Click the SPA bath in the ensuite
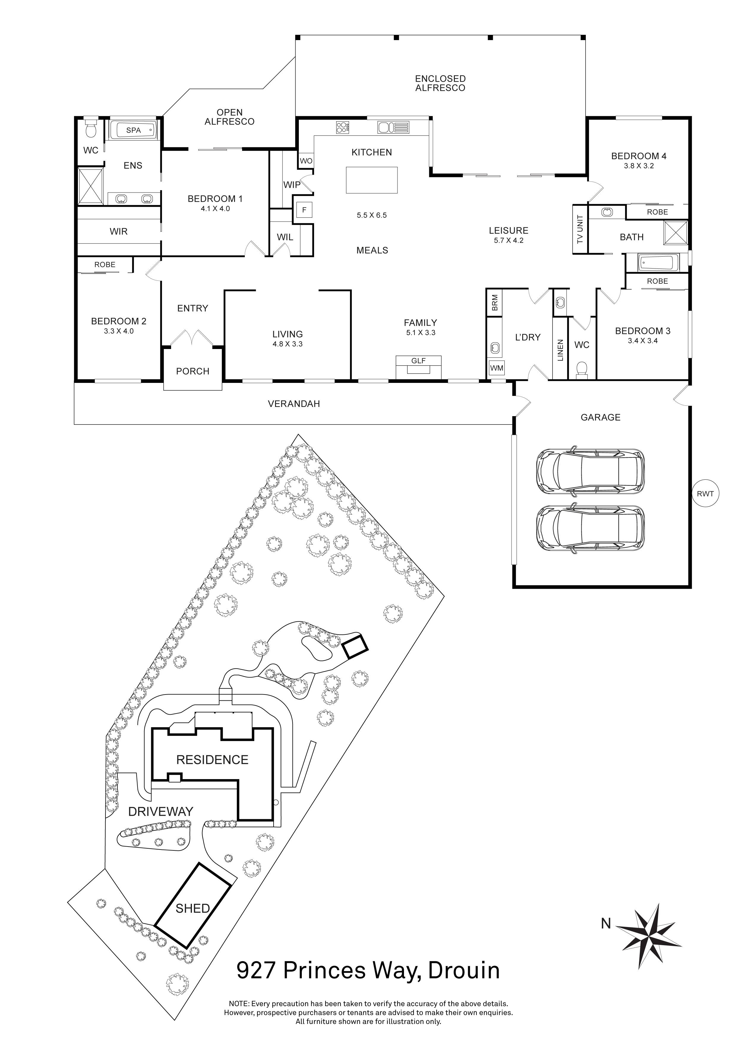pyautogui.click(x=133, y=130)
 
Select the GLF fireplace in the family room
pyautogui.click(x=419, y=366)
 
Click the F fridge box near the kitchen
pyautogui.click(x=304, y=210)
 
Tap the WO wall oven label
pyautogui.click(x=306, y=161)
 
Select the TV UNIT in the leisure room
pyautogui.click(x=580, y=230)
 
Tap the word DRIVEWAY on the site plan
pyautogui.click(x=161, y=812)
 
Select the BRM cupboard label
pyautogui.click(x=494, y=302)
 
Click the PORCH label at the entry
pyautogui.click(x=192, y=371)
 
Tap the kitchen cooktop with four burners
pyautogui.click(x=343, y=127)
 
